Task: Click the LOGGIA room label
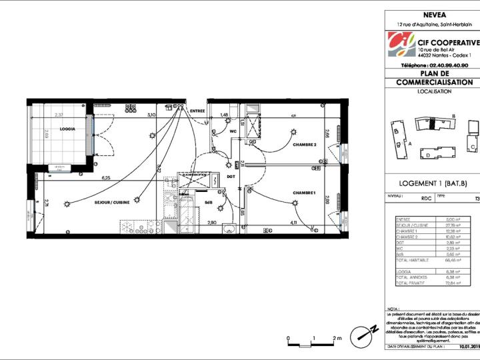67,129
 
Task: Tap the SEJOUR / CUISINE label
111,202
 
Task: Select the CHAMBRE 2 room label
304,145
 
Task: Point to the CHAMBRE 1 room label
303,193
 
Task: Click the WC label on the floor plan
233,131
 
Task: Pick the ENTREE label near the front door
197,111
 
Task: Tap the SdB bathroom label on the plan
208,202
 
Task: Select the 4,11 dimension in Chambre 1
293,222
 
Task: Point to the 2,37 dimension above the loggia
59,115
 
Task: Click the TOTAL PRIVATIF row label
409,285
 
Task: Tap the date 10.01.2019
469,347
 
